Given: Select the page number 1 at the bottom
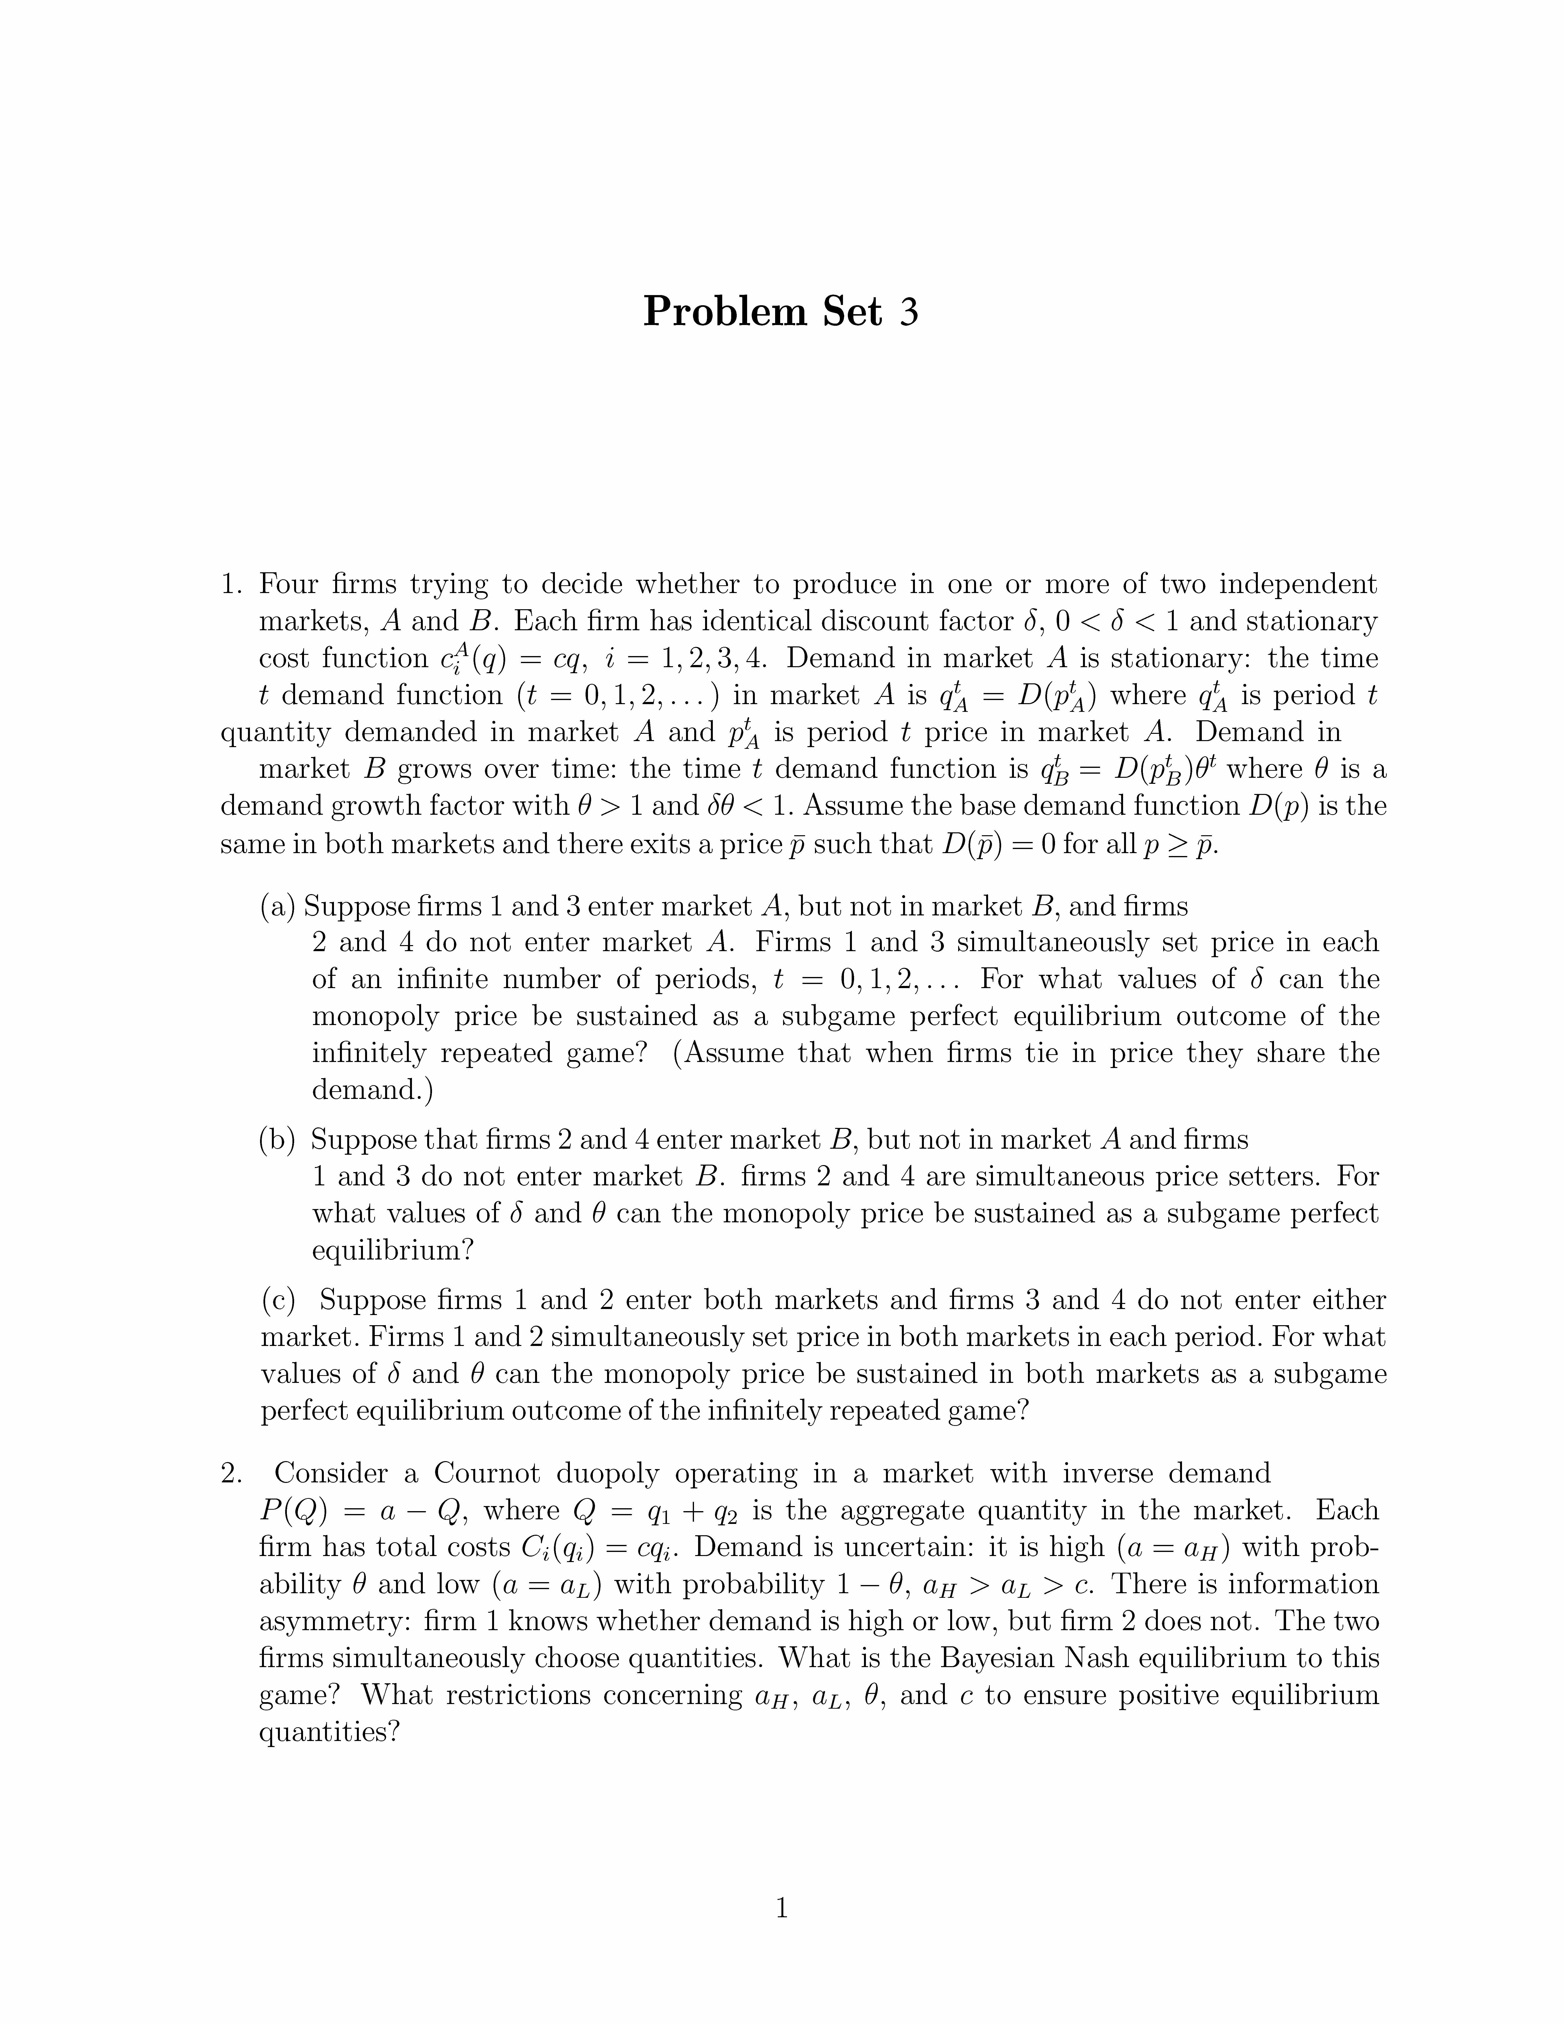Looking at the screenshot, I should [781, 1908].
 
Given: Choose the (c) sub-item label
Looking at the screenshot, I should [278, 1300].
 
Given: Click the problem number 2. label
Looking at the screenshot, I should [232, 1472].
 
